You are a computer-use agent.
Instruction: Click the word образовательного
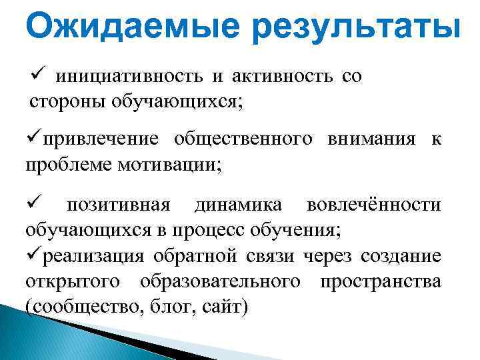pyautogui.click(x=220, y=282)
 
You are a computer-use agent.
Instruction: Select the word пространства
pyautogui.click(x=380, y=282)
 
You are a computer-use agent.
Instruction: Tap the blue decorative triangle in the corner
pyautogui.click(x=40, y=340)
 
